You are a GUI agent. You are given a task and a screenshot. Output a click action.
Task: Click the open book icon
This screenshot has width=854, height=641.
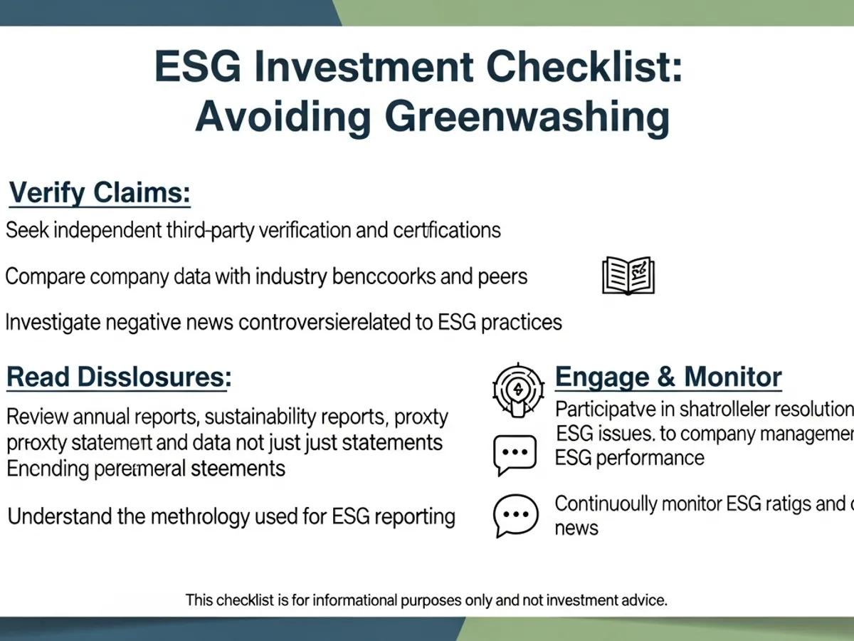pyautogui.click(x=628, y=276)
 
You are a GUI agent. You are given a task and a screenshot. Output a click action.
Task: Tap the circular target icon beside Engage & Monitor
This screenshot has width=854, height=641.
pyautogui.click(x=517, y=389)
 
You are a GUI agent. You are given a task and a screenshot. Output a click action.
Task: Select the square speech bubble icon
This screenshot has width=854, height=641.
pyautogui.click(x=515, y=455)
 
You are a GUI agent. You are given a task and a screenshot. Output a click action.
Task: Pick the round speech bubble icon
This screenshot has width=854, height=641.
pyautogui.click(x=515, y=516)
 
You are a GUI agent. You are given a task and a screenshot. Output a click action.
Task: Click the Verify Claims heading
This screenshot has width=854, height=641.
pyautogui.click(x=99, y=193)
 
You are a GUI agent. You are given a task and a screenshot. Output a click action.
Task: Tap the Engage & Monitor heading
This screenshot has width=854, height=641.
pyautogui.click(x=668, y=377)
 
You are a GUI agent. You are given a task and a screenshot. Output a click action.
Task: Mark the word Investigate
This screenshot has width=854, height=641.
pyautogui.click(x=51, y=322)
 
